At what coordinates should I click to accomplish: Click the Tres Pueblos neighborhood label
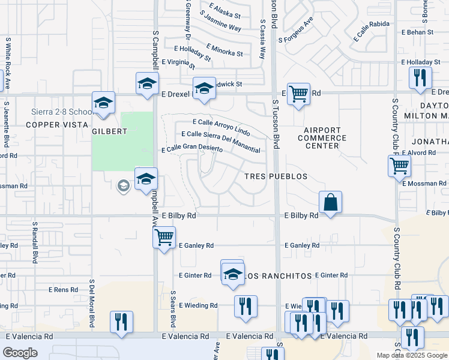point(276,176)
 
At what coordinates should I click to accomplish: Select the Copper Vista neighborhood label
point(49,125)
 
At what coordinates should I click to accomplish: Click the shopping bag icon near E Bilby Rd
point(330,202)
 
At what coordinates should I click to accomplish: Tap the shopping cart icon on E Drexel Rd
point(298,94)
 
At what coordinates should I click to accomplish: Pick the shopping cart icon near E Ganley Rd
point(163,238)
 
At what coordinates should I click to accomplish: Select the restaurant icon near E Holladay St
point(420,78)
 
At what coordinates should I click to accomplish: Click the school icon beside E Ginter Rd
point(232,274)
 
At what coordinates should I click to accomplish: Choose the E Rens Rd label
point(63,290)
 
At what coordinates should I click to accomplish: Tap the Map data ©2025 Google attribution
point(412,355)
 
